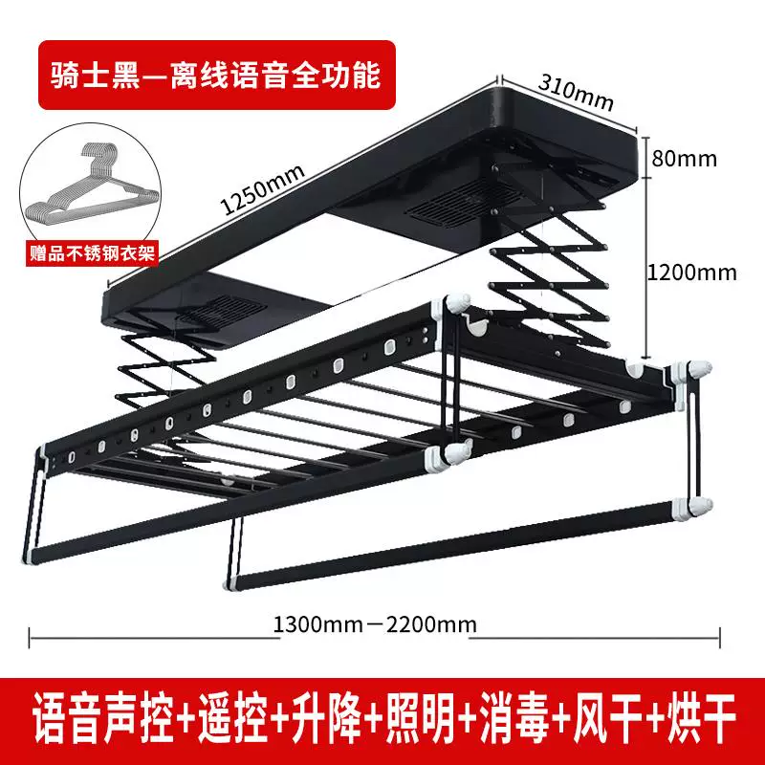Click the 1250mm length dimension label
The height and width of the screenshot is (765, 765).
click(263, 189)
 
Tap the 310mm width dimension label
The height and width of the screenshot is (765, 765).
click(576, 92)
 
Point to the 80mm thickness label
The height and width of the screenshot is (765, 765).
click(684, 159)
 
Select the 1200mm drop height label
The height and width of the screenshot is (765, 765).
click(691, 273)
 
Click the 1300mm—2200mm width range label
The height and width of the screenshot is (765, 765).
click(375, 624)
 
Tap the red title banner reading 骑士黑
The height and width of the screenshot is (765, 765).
click(217, 75)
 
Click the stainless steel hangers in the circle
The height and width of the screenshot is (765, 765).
click(91, 182)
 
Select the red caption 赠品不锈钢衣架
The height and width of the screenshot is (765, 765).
click(92, 253)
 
